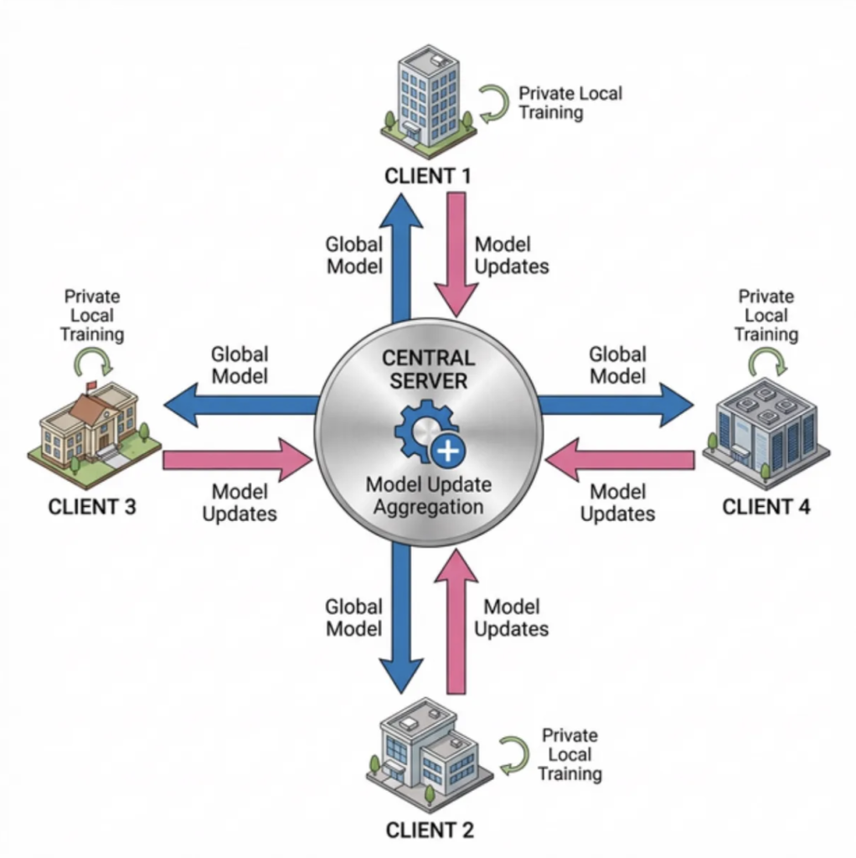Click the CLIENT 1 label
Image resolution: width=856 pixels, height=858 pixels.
[427, 176]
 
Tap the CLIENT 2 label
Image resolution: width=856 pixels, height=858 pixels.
[430, 830]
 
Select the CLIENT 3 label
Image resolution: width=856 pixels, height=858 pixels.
[92, 507]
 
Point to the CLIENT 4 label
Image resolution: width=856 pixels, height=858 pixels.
[766, 506]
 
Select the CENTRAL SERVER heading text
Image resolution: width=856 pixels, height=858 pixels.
[428, 368]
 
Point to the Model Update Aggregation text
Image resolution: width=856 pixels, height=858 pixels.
[428, 496]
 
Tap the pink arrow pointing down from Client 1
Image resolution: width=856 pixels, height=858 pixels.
[456, 251]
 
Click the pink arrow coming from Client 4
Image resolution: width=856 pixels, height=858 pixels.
[620, 460]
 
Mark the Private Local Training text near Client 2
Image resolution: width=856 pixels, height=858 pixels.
[570, 753]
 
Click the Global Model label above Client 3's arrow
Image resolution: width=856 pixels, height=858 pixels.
[240, 365]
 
